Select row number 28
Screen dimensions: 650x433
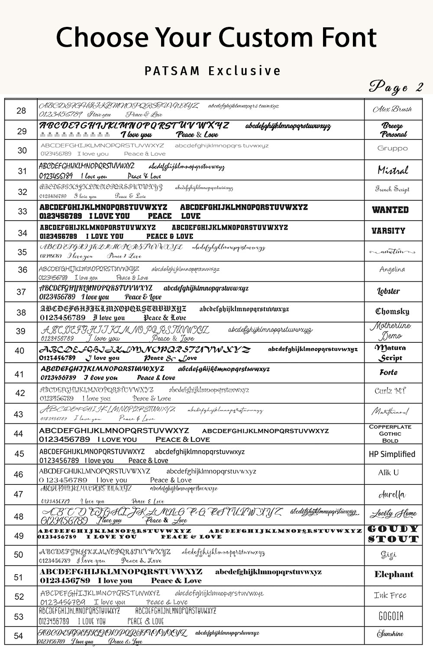(21, 111)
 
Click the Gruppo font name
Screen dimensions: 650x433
(392, 148)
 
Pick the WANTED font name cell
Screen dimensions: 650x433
(390, 210)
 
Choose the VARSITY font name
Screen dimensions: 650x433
(388, 231)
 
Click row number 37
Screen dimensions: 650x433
(21, 292)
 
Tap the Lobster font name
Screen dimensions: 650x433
(388, 291)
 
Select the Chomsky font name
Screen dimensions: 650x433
(392, 311)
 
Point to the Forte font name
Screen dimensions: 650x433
(388, 373)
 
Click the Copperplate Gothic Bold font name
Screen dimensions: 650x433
(390, 433)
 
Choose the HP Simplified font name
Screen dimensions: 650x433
(392, 454)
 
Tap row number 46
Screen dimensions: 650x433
(19, 474)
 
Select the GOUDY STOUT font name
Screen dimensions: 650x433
(393, 534)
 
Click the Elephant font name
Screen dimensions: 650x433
(394, 575)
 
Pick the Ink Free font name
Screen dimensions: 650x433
(390, 595)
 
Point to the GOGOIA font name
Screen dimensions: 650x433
(391, 616)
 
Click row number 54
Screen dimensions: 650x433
(19, 636)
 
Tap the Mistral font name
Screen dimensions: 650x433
(393, 170)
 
